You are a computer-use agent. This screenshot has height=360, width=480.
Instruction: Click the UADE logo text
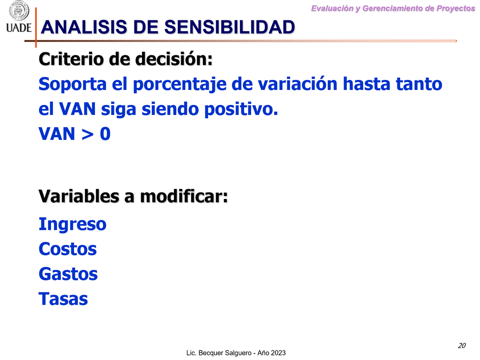point(18,28)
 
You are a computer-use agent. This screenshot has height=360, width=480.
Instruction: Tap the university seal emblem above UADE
point(19,10)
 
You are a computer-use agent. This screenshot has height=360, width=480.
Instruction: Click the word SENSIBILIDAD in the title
point(230,27)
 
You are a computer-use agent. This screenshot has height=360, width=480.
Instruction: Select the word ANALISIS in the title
point(84,27)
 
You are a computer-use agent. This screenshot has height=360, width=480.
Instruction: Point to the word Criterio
point(71,59)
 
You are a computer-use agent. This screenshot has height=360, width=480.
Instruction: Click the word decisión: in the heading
point(174,59)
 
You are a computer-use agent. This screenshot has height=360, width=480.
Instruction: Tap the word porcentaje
point(180,85)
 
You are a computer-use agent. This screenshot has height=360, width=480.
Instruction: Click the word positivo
point(241,109)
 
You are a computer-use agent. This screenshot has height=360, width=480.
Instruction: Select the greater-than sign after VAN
point(87,134)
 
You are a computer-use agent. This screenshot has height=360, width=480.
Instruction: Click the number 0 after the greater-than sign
point(105,134)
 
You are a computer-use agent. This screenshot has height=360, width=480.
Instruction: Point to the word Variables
point(79,196)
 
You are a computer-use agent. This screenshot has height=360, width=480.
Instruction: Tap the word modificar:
point(184,196)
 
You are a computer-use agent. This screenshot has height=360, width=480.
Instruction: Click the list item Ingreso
point(72,224)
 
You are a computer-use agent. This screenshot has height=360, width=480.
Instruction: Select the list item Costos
point(67,249)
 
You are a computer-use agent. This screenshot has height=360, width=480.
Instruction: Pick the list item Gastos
point(68,274)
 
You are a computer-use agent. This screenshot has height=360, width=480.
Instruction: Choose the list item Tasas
point(63,299)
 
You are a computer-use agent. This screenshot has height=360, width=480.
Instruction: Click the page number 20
point(462,345)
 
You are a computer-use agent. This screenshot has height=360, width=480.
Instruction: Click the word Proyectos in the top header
point(456,8)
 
